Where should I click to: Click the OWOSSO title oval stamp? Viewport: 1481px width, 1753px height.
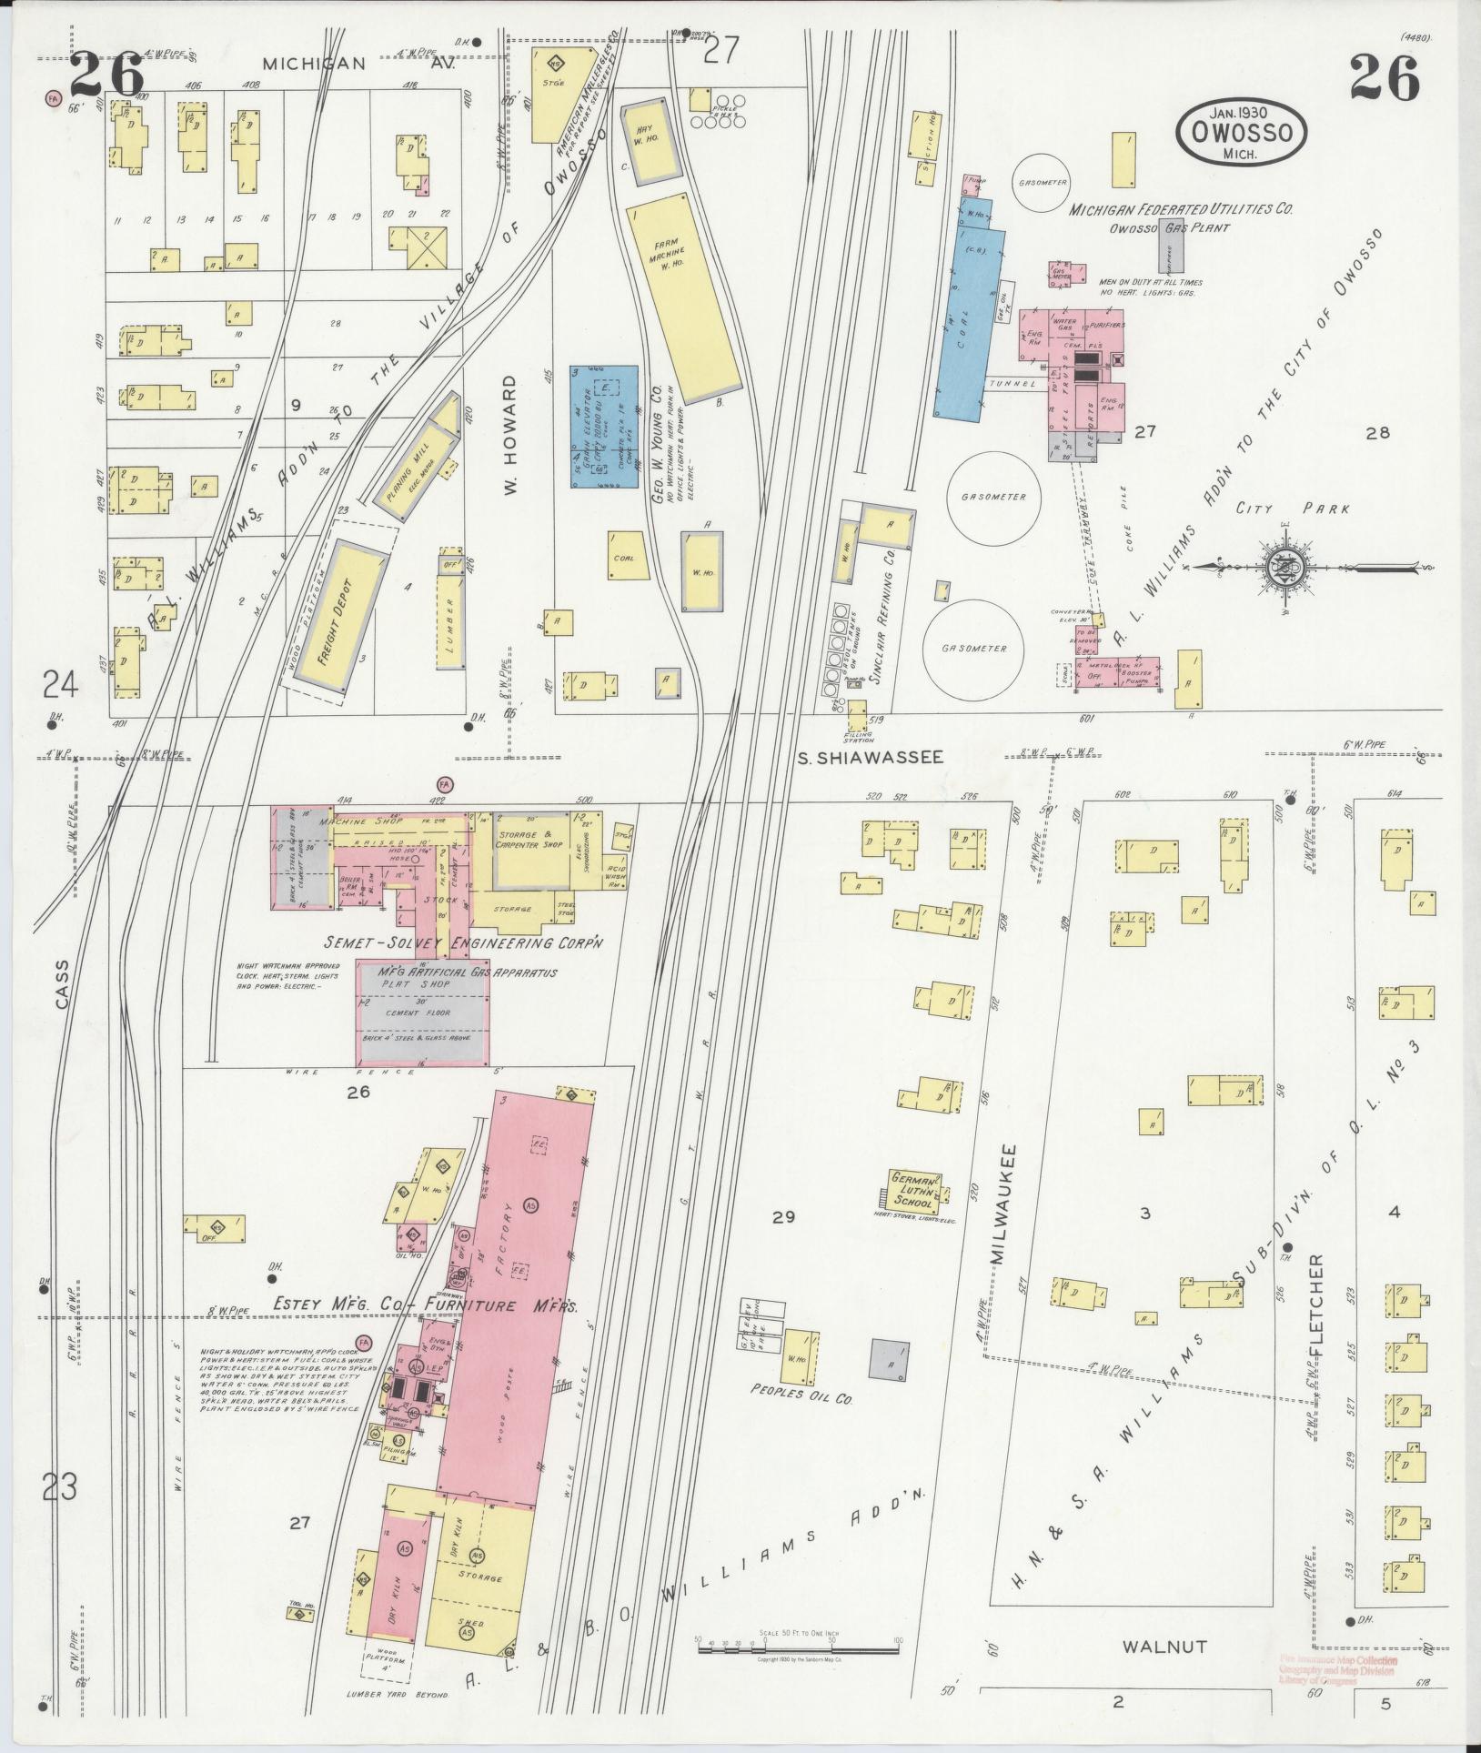(x=1242, y=133)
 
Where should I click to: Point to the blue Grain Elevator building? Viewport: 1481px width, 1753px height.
(x=603, y=428)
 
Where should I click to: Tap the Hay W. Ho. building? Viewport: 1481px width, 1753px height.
(x=650, y=144)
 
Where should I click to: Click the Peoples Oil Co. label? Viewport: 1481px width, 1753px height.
(x=801, y=1417)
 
